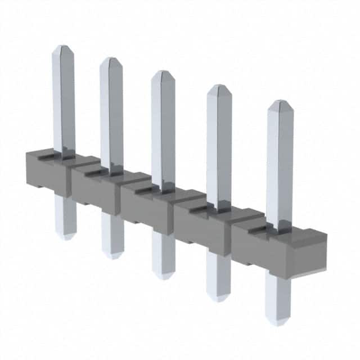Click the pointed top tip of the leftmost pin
coord(63,47)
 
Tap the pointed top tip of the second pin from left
coord(111,59)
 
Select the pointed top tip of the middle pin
coord(163,73)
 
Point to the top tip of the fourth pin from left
coord(218,87)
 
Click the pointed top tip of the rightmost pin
coord(280,102)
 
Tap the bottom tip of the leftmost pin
coord(66,237)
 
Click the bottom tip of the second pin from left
coord(112,256)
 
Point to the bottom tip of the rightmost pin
coord(277,323)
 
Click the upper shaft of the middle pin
coord(163,129)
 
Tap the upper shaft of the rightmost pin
coord(280,163)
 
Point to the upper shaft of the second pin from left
coord(111,112)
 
